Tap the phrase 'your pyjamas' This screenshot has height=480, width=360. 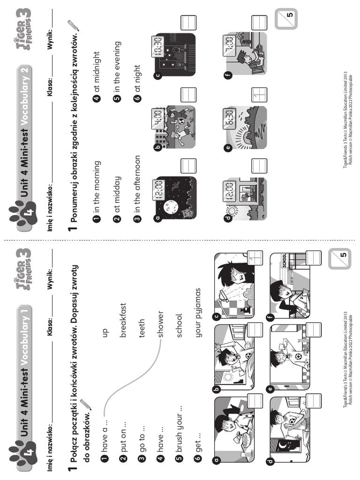coord(198,313)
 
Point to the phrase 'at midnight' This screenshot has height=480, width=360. coord(97,63)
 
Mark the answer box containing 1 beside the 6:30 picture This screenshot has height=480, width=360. coord(259,95)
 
